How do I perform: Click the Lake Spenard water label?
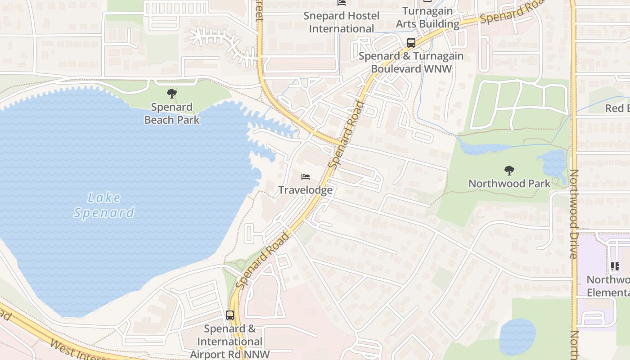click(x=104, y=205)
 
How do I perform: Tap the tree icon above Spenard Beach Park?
click(x=171, y=94)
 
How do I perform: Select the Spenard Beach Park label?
click(x=171, y=114)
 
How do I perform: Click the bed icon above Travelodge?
click(x=306, y=176)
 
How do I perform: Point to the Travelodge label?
click(x=306, y=190)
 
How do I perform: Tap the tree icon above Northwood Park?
click(x=509, y=170)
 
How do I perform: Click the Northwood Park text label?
click(x=509, y=184)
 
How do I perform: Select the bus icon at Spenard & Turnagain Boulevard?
click(x=411, y=43)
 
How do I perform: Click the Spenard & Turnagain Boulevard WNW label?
click(x=411, y=63)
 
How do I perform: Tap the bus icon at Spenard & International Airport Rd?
click(x=230, y=315)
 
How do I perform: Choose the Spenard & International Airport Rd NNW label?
click(x=230, y=342)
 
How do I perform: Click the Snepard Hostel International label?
click(x=342, y=22)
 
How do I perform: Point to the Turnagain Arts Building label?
click(x=427, y=17)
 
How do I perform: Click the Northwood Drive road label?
click(x=574, y=214)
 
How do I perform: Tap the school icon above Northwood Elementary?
click(x=615, y=266)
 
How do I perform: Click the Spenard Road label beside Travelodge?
click(x=347, y=135)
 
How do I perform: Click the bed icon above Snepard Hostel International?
click(x=342, y=3)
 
